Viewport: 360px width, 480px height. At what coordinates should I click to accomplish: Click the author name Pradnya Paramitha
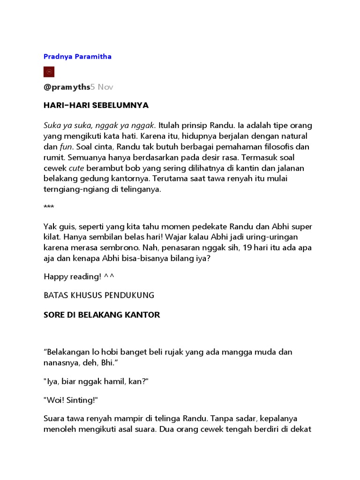[x=77, y=57]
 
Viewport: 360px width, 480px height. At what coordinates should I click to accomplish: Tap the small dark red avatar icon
[x=49, y=72]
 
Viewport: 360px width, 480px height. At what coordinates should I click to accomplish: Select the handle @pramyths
[x=67, y=87]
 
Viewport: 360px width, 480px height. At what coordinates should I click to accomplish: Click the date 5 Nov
[x=102, y=87]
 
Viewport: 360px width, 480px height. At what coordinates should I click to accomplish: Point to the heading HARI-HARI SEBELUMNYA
[x=96, y=105]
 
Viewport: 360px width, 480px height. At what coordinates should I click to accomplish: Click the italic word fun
[x=61, y=146]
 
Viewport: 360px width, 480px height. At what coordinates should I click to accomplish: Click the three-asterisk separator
[x=48, y=207]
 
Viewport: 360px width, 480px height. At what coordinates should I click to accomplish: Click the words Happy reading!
[x=72, y=277]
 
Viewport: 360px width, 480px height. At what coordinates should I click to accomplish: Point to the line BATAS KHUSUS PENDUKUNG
[x=98, y=295]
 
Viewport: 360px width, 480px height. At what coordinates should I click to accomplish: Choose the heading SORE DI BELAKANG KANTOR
[x=102, y=315]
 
